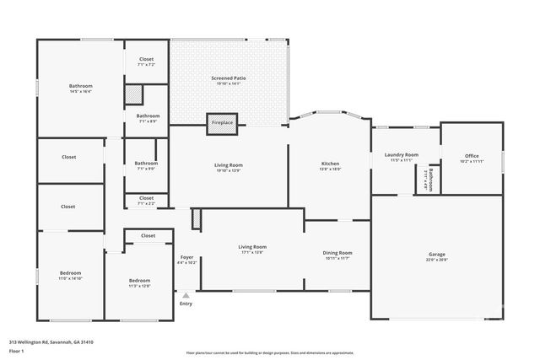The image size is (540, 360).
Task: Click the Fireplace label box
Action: tap(222, 123)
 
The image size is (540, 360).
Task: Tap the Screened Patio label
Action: tap(228, 81)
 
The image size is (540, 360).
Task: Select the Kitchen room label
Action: tap(330, 166)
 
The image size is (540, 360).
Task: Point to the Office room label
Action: tap(470, 159)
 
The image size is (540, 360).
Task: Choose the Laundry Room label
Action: tap(401, 158)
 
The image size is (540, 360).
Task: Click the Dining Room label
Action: tap(337, 255)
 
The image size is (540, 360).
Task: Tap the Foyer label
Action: tap(187, 260)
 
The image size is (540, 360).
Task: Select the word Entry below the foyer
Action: tap(186, 304)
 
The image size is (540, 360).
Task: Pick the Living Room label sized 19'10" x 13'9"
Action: tap(228, 168)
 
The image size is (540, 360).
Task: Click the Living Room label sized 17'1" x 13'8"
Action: tap(252, 249)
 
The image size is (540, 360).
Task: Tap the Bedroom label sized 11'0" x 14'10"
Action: tap(70, 276)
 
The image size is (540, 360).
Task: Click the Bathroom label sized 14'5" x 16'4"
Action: tap(80, 89)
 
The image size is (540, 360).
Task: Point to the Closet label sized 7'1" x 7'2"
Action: tap(147, 62)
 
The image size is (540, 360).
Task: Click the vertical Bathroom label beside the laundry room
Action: tap(429, 180)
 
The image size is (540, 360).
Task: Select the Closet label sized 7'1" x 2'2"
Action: tap(146, 201)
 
